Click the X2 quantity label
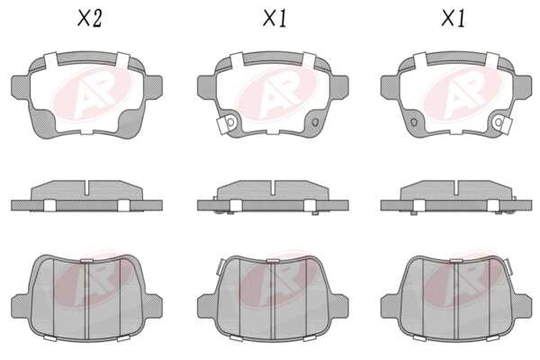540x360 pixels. tap(89, 18)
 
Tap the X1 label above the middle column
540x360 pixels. tap(274, 18)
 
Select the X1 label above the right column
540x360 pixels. tap(454, 18)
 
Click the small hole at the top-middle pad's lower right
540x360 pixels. tap(315, 122)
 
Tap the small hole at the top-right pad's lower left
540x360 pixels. tap(414, 122)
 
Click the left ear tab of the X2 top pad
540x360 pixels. tap(21, 88)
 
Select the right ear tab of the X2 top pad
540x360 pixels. tap(153, 88)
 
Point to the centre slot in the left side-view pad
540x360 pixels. tap(86, 186)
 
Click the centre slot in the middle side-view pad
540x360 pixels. tap(273, 187)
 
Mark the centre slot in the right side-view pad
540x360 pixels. tap(456, 187)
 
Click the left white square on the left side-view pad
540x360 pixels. tap(49, 205)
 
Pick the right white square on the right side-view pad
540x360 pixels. tap(493, 205)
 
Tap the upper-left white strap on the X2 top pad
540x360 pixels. tap(50, 60)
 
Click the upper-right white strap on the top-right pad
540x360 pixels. tap(493, 60)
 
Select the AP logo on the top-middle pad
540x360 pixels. tap(276, 94)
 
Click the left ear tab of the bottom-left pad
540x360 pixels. tap(21, 306)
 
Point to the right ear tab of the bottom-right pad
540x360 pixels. tap(522, 306)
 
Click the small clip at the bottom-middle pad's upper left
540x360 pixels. tap(220, 266)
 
